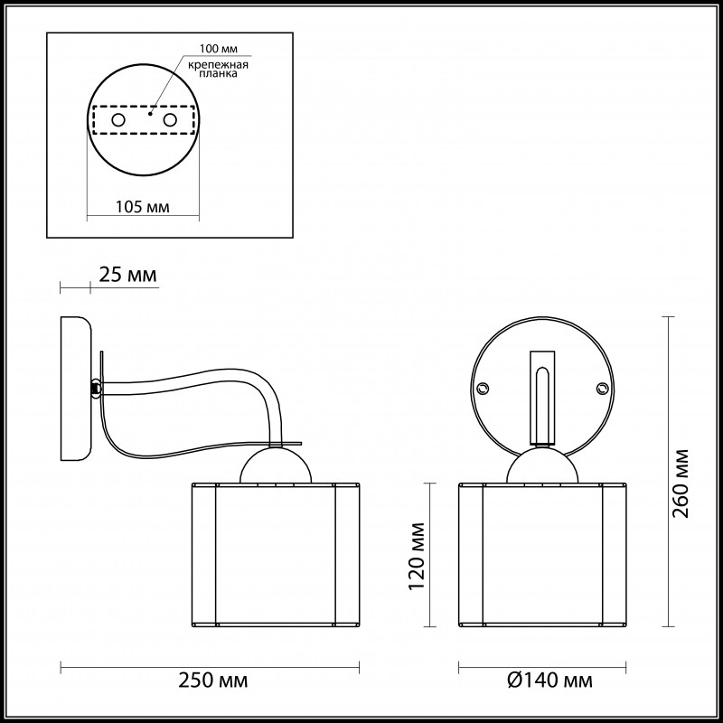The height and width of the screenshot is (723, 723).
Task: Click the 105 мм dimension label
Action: tap(143, 207)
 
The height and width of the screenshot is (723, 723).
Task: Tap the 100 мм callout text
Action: tap(219, 49)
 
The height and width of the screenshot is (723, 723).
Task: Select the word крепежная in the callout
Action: tap(218, 64)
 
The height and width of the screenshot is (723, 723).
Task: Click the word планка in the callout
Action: tap(218, 74)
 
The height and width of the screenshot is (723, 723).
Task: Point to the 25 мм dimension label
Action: tap(127, 275)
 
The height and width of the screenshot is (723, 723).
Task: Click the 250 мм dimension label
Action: tap(212, 681)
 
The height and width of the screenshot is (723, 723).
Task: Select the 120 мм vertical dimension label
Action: tap(417, 556)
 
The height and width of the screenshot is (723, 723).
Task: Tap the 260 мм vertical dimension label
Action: tap(681, 484)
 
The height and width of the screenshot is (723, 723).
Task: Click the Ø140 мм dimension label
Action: tap(549, 681)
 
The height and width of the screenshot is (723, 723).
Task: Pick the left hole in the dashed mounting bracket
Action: tap(118, 120)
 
